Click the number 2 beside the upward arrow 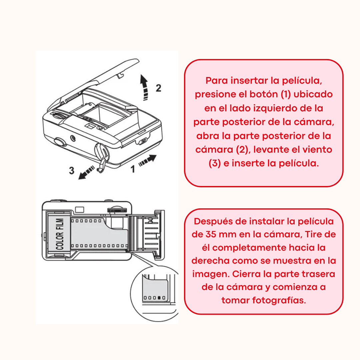pyautogui.click(x=158, y=88)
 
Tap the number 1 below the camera pyautogui.click(x=133, y=169)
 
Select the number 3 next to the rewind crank pyautogui.click(x=72, y=171)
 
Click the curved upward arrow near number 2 pyautogui.click(x=144, y=87)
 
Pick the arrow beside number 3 pyautogui.click(x=86, y=172)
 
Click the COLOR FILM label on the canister pyautogui.click(x=60, y=234)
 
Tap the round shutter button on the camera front pyautogui.click(x=60, y=142)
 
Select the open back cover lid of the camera pyautogui.click(x=94, y=83)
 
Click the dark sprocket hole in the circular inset pyautogui.click(x=159, y=298)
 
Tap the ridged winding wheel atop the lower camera pyautogui.click(x=117, y=210)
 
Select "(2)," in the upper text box pyautogui.click(x=243, y=150)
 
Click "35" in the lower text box pyautogui.click(x=211, y=234)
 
